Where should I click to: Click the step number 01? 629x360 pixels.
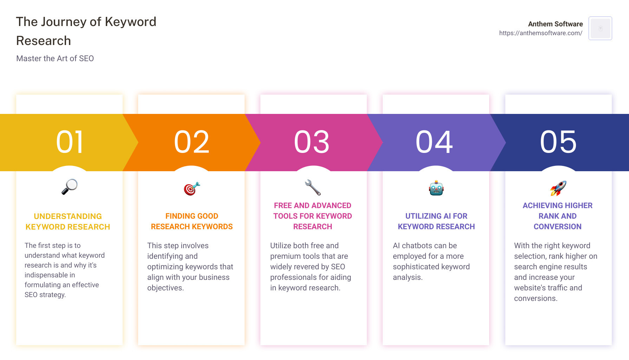coord(70,142)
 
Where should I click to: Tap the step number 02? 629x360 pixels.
coord(192,142)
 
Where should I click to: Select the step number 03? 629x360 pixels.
coord(312,142)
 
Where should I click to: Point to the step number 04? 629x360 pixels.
coord(434,142)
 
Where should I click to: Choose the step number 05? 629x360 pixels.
coord(558,142)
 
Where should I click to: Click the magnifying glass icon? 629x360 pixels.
coord(69,187)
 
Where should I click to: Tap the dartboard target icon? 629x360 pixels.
coord(192,188)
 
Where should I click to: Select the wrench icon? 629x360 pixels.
coord(313,187)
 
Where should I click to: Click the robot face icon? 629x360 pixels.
coord(436,188)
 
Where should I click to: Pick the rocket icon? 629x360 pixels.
coord(558,188)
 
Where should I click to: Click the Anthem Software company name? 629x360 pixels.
coord(555,24)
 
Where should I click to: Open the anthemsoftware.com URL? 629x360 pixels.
coord(540,33)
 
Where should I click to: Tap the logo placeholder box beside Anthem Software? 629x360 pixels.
coord(600,28)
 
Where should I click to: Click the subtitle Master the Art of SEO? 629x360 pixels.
coord(55,58)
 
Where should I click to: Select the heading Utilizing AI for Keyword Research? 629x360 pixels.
coord(436,221)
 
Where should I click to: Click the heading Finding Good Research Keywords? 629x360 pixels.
coord(192,221)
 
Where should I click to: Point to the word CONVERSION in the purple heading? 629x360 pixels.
coord(557,227)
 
